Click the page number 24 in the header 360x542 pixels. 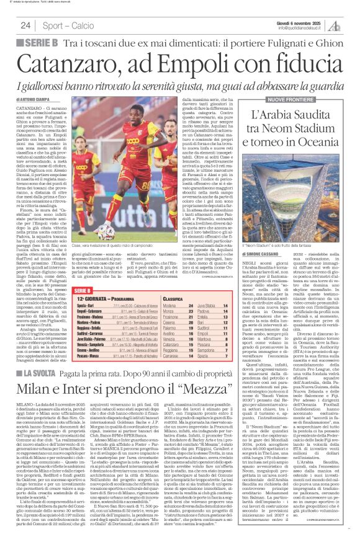(25, 25)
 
